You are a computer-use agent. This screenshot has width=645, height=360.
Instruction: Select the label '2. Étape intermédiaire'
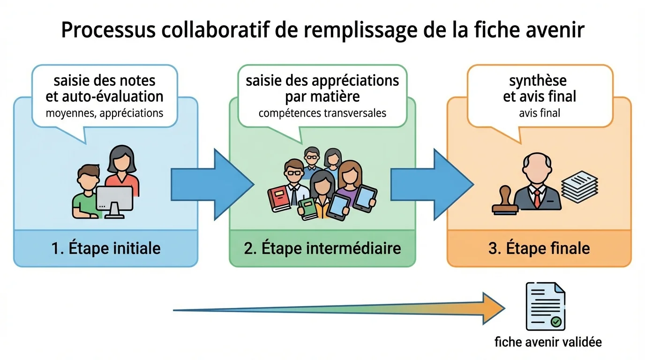tap(322, 248)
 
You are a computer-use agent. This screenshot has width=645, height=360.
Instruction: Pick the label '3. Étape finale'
tap(539, 248)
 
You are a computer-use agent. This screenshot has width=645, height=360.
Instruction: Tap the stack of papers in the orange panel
tap(580, 184)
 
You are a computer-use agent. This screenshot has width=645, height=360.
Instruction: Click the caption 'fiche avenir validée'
tap(548, 342)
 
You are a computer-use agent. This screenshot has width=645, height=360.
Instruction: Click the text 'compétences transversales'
tap(322, 113)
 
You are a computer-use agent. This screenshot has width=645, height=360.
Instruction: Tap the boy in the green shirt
tap(86, 197)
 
